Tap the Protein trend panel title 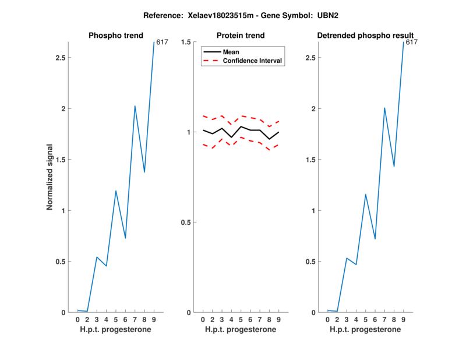pyautogui.click(x=240, y=36)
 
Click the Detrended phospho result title pyautogui.click(x=365, y=36)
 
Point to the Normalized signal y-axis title pyautogui.click(x=50, y=177)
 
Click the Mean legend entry pyautogui.click(x=231, y=52)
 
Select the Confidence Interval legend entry pyautogui.click(x=253, y=61)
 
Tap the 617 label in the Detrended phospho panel pyautogui.click(x=411, y=42)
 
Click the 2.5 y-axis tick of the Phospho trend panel pyautogui.click(x=59, y=58)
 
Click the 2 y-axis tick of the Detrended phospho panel pyautogui.click(x=315, y=109)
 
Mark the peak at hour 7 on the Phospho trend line pyautogui.click(x=135, y=106)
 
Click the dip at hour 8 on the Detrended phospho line pyautogui.click(x=394, y=167)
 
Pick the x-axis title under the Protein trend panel pyautogui.click(x=240, y=330)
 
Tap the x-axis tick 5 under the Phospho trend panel pyautogui.click(x=116, y=320)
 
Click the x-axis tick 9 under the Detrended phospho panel pyautogui.click(x=404, y=320)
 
